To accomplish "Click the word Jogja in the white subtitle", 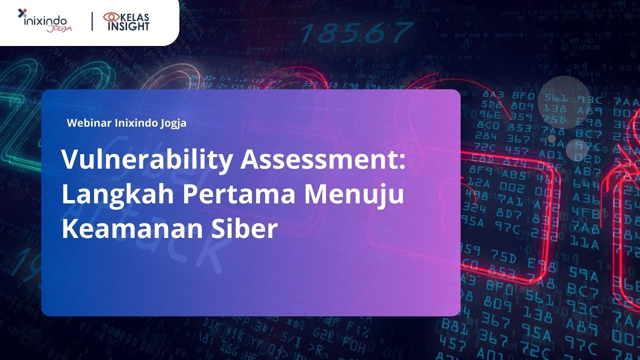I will click(x=172, y=122).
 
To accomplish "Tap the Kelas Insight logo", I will click(x=126, y=21).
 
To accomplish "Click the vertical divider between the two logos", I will click(x=92, y=21).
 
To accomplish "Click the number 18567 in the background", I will click(x=356, y=33).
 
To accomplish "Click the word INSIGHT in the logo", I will click(x=128, y=26).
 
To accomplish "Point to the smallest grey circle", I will click(x=552, y=138).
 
